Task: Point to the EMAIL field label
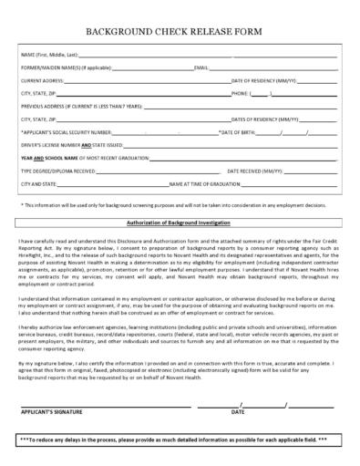201,68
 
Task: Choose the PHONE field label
241,94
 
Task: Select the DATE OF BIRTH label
235,132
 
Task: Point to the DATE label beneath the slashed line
237,411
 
